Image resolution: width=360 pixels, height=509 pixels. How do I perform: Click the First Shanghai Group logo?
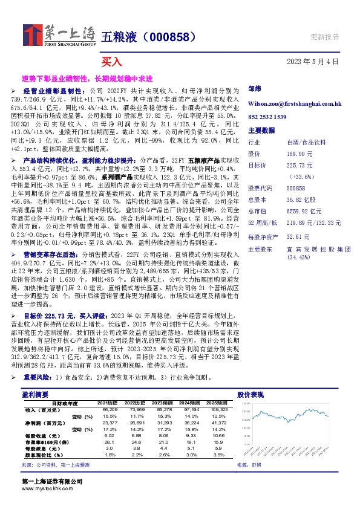click(59, 35)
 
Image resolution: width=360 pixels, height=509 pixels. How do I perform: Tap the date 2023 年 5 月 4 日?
click(312, 62)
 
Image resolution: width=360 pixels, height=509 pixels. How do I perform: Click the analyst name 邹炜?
click(255, 89)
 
